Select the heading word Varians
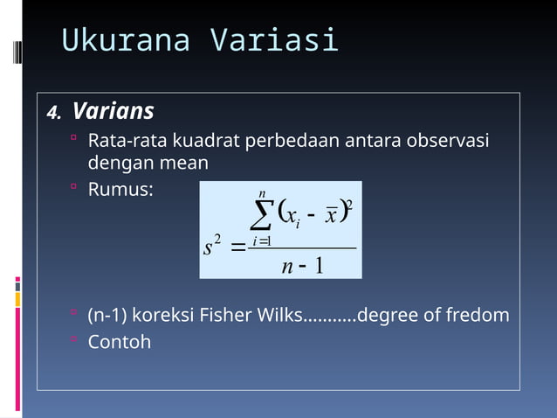tap(113, 112)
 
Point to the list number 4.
tap(54, 114)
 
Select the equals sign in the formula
tap(237, 248)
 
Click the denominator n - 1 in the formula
tap(303, 265)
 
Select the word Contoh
tap(120, 341)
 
